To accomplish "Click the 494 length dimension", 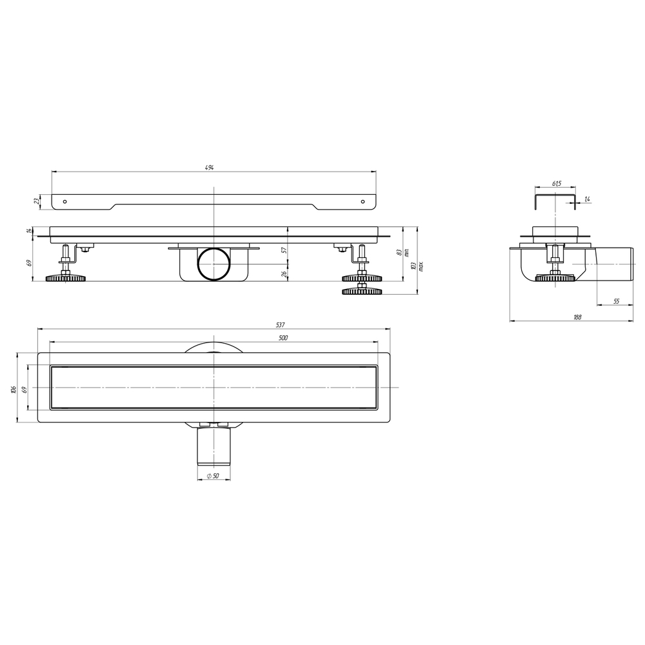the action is tap(210, 168).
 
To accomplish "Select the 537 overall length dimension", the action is tap(280, 325).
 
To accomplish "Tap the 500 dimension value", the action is tap(283, 338).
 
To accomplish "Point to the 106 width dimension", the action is tap(14, 389).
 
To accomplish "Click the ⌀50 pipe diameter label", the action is tap(213, 476).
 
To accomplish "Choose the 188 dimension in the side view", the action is tap(577, 317).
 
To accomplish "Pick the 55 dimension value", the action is tap(616, 301).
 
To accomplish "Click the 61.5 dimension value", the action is tap(557, 183).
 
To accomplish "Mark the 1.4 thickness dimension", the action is tap(587, 199).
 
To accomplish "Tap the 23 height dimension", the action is tap(36, 201).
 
